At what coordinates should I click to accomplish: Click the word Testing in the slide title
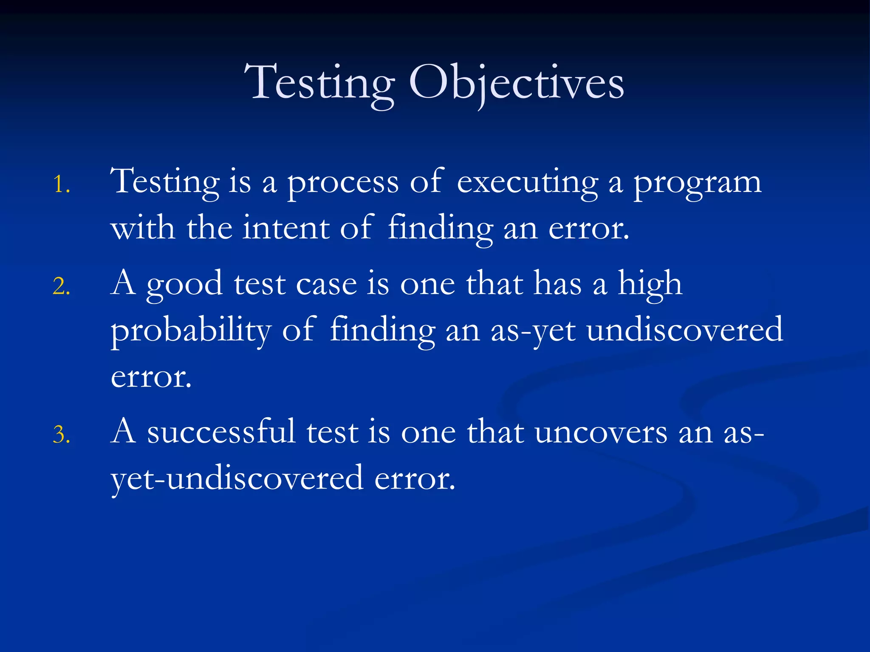(319, 84)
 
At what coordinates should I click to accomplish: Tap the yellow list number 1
(61, 185)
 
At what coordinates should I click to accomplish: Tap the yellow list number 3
(61, 435)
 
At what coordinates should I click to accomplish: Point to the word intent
(286, 228)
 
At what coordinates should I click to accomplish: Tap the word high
(650, 284)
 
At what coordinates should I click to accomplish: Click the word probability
(191, 331)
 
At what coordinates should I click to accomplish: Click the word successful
(221, 432)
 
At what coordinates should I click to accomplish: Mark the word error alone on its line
(151, 377)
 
